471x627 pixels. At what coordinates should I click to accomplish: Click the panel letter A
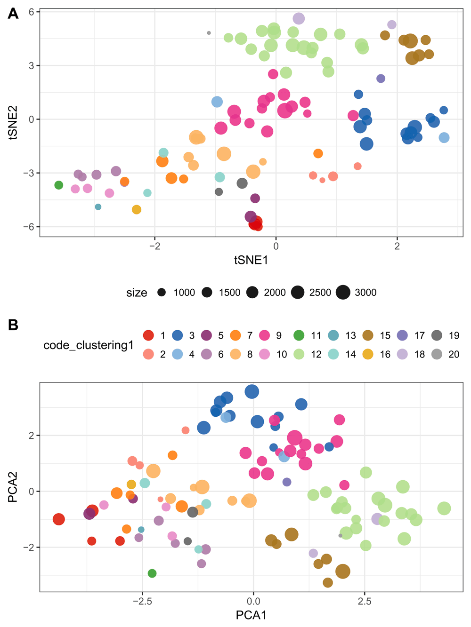click(13, 14)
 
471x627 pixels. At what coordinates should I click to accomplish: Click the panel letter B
click(13, 325)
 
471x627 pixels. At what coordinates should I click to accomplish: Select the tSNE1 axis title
click(251, 260)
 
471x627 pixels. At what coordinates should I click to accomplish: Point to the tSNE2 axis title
click(13, 122)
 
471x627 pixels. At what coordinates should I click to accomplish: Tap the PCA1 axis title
click(251, 615)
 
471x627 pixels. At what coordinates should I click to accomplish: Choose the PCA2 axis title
click(13, 487)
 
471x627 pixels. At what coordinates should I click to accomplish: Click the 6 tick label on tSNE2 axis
click(31, 12)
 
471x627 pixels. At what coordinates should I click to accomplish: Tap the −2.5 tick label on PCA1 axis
click(142, 601)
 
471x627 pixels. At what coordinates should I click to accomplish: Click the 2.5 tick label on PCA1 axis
click(364, 601)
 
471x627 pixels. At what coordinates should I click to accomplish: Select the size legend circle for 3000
click(343, 292)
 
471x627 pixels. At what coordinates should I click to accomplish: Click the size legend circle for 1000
click(162, 292)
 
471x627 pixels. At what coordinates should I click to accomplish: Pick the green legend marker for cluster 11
click(299, 335)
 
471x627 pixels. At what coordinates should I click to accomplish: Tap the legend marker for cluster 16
click(368, 354)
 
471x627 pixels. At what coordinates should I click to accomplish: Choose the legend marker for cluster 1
click(148, 335)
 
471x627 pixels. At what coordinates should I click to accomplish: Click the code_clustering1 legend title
click(89, 345)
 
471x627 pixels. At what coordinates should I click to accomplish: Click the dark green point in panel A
click(58, 185)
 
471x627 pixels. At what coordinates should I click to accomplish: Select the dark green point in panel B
click(152, 573)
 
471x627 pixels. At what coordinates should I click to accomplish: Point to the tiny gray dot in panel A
click(209, 33)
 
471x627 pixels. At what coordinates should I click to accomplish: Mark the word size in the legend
click(137, 293)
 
